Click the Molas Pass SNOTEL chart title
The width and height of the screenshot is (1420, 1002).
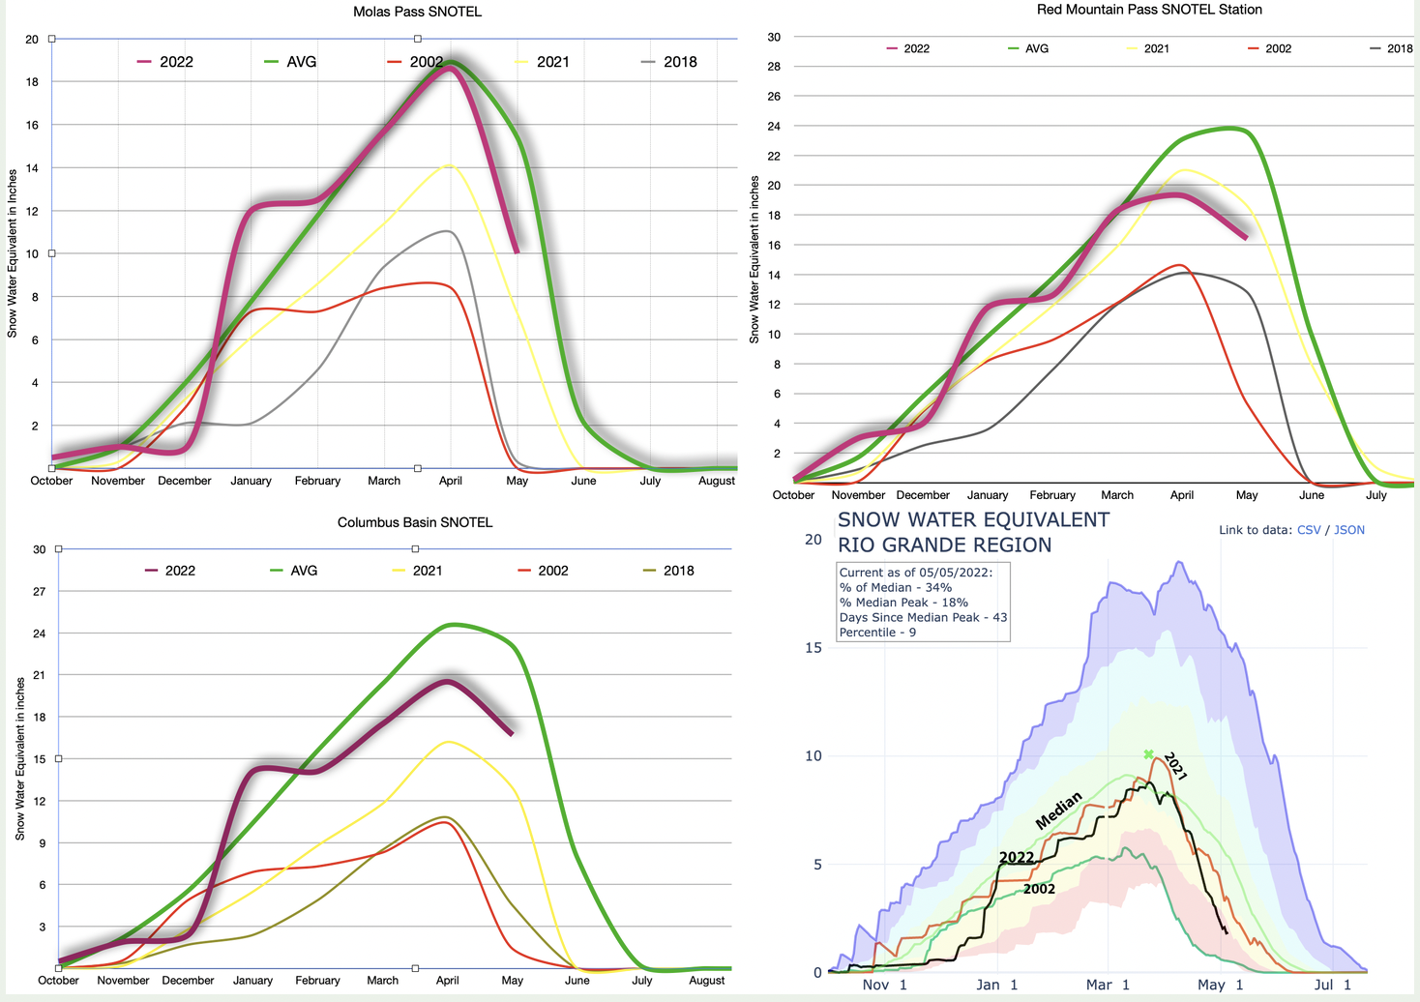(417, 12)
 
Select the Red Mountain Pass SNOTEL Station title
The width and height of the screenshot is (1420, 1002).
(1149, 10)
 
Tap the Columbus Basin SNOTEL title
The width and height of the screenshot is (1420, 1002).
(415, 522)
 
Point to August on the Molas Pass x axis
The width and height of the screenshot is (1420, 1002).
(717, 481)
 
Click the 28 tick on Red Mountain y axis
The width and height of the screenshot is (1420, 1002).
(774, 67)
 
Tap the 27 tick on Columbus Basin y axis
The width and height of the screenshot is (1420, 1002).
(40, 591)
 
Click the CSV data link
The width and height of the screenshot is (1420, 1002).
(1309, 530)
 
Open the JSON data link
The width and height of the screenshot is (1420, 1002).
(1349, 530)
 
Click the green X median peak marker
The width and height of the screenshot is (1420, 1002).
(1149, 754)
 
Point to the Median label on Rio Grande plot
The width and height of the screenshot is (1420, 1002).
(1059, 810)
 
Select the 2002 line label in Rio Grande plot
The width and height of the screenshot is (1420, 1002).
(1039, 889)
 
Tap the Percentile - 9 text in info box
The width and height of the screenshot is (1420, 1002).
(878, 633)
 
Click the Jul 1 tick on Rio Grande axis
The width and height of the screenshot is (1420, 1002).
(1332, 985)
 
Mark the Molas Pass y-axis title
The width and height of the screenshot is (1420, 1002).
(13, 253)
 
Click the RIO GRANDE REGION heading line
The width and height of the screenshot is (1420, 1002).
(944, 545)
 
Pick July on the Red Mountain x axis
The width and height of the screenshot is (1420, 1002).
(1376, 495)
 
